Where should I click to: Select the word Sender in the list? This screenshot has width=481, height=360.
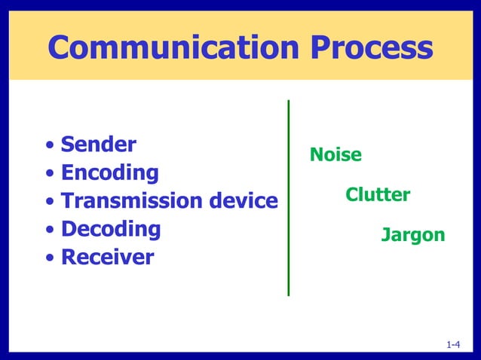(98, 144)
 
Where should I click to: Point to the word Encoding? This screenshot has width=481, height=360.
(109, 172)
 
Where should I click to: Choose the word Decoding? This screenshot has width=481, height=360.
(110, 229)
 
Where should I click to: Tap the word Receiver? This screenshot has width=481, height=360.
(107, 258)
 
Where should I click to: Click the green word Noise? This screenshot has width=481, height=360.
(335, 155)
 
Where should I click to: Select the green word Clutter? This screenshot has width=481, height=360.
(378, 196)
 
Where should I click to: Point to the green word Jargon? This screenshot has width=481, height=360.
(412, 235)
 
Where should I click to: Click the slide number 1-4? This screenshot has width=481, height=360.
(453, 345)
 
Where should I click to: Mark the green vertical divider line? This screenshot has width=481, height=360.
(289, 197)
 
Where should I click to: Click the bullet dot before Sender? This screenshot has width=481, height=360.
(50, 145)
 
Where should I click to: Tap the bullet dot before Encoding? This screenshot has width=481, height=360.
(50, 174)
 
